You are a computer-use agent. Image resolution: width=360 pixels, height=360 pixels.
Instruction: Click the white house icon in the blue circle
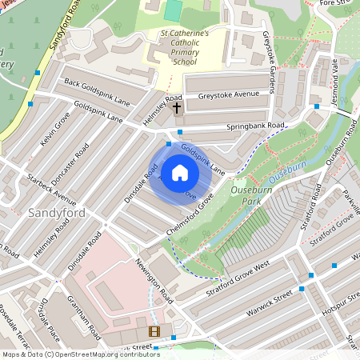[180, 173]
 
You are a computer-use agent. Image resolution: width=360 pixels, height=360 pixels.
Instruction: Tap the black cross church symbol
[177, 106]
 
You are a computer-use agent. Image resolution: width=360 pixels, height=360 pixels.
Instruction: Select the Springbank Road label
[255, 126]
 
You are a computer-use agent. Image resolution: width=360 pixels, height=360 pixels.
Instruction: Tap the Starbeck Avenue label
[50, 186]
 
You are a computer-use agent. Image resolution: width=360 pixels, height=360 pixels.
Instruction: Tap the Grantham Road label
[83, 318]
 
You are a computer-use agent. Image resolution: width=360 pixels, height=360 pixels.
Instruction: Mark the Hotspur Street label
[342, 309]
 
